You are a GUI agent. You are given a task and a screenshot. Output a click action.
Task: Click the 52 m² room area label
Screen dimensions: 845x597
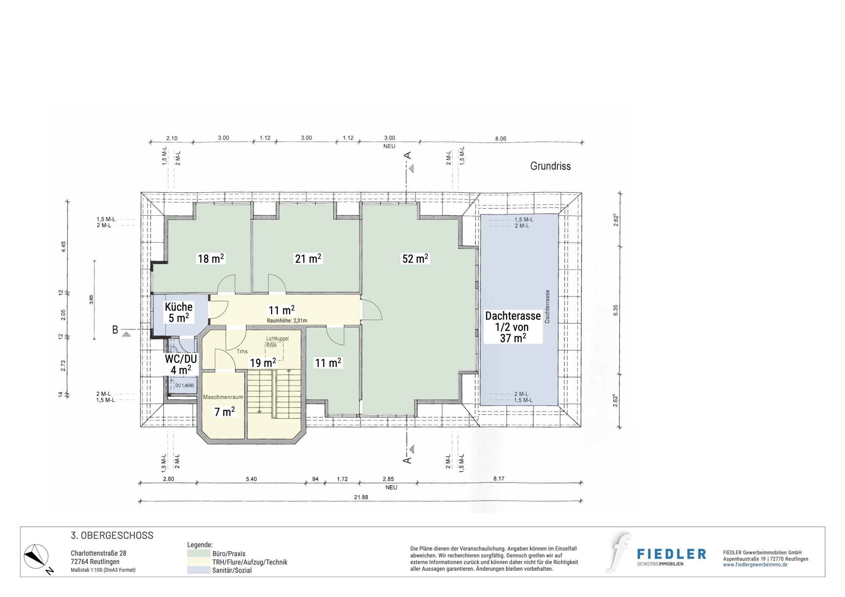coord(415,258)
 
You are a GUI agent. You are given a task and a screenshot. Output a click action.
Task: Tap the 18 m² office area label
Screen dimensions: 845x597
coord(211,258)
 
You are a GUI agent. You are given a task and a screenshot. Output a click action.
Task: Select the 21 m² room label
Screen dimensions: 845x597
coord(308,258)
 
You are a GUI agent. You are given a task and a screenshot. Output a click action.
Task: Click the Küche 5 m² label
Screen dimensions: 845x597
coord(179,312)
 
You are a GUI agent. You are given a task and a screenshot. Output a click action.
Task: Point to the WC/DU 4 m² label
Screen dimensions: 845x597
coord(181,364)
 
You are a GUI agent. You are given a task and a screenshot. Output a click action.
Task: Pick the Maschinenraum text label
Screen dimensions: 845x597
coord(223,397)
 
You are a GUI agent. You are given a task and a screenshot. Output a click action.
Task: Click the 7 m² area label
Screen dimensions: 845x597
coord(224,412)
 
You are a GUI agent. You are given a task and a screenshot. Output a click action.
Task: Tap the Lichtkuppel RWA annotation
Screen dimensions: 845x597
coord(277,342)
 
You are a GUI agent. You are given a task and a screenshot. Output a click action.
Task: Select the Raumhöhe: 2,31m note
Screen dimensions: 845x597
coord(287,321)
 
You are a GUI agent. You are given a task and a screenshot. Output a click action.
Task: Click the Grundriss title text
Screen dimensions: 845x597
coord(550,166)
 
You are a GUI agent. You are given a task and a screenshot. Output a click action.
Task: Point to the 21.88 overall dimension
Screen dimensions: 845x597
coord(361,497)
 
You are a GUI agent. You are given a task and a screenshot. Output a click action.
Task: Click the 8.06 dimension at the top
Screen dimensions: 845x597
coord(501,139)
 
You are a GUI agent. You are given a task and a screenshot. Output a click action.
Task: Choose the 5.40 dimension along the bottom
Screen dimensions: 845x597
coord(251,479)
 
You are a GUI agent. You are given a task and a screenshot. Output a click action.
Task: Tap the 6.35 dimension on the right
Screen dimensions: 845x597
coord(616,311)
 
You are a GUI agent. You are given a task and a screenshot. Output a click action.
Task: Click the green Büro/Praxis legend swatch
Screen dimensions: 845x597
coord(199,553)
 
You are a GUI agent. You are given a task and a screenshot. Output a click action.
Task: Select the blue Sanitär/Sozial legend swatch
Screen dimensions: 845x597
coord(199,570)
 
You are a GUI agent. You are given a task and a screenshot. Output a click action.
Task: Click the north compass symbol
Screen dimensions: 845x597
coord(36,556)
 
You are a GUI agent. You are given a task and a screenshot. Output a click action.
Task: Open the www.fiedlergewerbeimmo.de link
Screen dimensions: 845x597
coord(755,565)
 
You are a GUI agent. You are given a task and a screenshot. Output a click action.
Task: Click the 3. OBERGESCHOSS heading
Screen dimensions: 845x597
coord(112,535)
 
